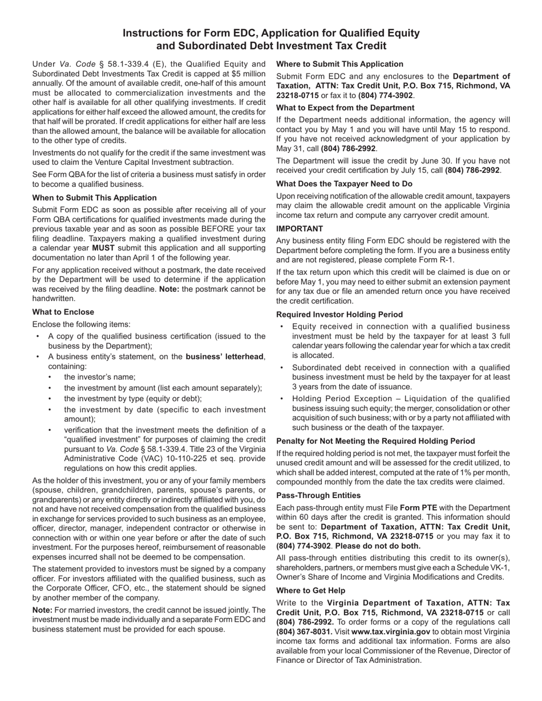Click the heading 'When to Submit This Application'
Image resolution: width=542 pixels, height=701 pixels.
click(x=94, y=198)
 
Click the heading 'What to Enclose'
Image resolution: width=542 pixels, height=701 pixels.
click(x=63, y=312)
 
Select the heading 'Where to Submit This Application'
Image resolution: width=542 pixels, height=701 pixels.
click(x=339, y=64)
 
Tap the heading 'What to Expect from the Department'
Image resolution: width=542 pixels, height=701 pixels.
click(x=345, y=108)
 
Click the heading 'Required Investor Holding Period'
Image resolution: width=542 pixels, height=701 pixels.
click(x=339, y=315)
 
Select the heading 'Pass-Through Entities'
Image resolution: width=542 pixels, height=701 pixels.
click(x=318, y=495)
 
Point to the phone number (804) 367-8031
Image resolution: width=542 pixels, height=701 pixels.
click(x=302, y=631)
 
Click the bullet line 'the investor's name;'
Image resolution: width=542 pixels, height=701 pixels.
click(x=99, y=377)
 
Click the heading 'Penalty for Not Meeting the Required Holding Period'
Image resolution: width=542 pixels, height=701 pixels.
click(x=375, y=441)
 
